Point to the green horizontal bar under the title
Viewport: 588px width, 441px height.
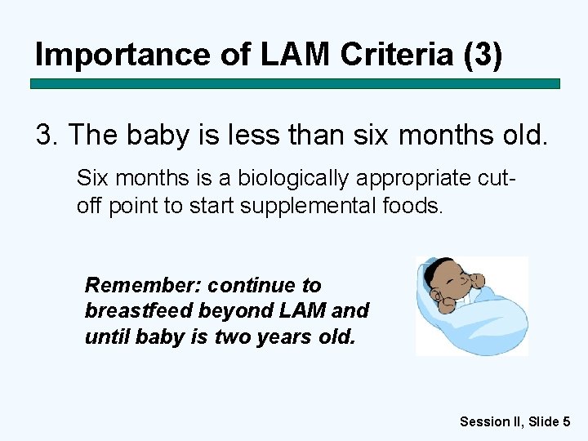point(295,83)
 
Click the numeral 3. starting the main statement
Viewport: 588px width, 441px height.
point(48,136)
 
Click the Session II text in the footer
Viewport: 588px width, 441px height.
point(488,421)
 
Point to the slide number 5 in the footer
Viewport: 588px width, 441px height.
point(566,421)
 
